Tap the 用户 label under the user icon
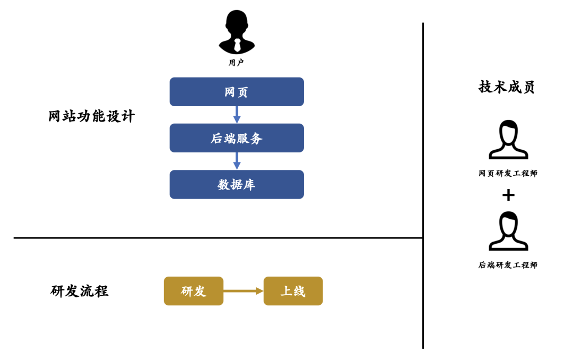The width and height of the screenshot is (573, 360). (x=237, y=63)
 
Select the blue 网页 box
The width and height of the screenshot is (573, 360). (x=237, y=92)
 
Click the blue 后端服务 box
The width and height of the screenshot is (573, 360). (x=237, y=138)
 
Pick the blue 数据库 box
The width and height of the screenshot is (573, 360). (x=237, y=184)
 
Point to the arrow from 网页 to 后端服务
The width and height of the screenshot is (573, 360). (x=237, y=115)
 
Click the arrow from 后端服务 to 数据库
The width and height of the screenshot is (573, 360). (x=237, y=161)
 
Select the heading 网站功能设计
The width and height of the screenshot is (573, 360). (x=92, y=116)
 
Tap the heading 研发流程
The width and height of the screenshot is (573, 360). (x=80, y=291)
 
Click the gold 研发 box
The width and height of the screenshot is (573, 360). (x=193, y=291)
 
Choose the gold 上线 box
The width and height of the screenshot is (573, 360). (x=293, y=291)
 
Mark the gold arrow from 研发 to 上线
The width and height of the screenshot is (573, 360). (x=243, y=291)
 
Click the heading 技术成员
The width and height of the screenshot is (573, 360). (x=507, y=87)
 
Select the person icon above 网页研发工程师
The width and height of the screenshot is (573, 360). (x=508, y=140)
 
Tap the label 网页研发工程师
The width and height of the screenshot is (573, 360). (x=508, y=174)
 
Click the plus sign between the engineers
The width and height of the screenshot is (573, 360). (x=508, y=195)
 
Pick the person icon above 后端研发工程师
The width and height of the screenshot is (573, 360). (x=508, y=231)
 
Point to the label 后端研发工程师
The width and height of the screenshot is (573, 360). (x=508, y=265)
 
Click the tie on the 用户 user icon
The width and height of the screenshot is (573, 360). (x=237, y=45)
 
